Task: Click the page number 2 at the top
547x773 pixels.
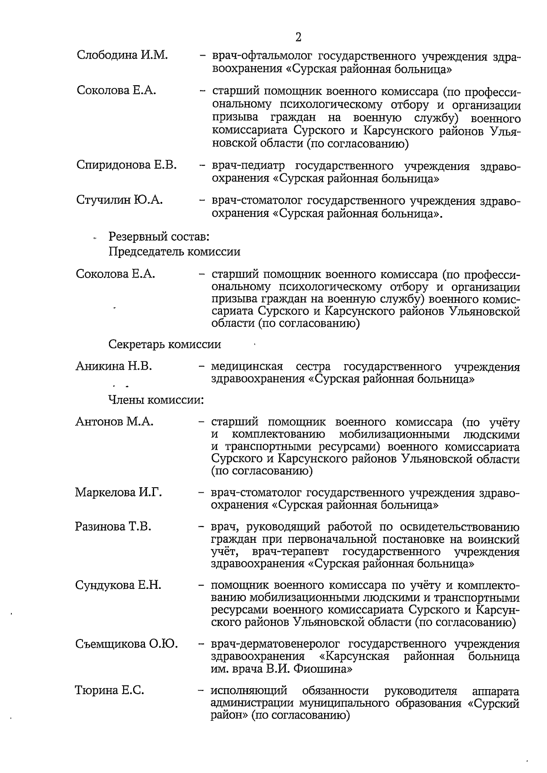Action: pyautogui.click(x=298, y=37)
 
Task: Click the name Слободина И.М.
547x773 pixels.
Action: pyautogui.click(x=122, y=56)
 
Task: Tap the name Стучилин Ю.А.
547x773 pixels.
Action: pyautogui.click(x=120, y=200)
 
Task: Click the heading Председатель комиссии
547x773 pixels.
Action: pyautogui.click(x=175, y=252)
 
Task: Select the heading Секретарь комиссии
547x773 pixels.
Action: pyautogui.click(x=165, y=344)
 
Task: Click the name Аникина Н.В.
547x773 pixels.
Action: pyautogui.click(x=114, y=366)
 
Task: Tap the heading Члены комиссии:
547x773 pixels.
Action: pyautogui.click(x=156, y=400)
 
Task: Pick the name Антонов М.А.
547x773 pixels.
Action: pyautogui.click(x=114, y=422)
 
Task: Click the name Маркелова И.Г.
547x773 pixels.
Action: pyautogui.click(x=119, y=493)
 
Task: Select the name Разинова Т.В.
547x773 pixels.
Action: pyautogui.click(x=113, y=527)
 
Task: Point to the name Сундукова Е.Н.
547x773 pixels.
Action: pyautogui.click(x=118, y=585)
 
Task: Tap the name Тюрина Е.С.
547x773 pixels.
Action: pyautogui.click(x=109, y=691)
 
